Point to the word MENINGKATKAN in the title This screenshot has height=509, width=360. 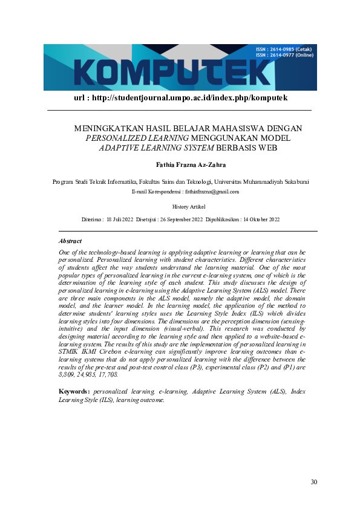coord(103,129)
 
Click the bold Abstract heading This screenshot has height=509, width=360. coord(70,241)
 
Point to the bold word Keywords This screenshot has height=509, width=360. coord(74,392)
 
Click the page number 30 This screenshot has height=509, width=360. coord(313,482)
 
